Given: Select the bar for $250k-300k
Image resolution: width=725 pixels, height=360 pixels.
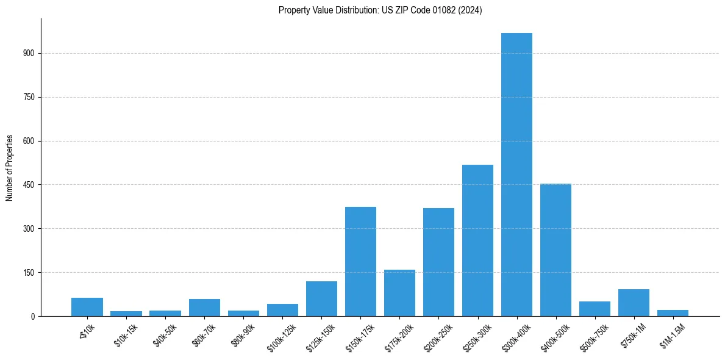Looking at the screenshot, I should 477,240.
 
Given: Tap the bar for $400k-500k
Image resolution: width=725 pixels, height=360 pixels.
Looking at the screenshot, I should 555,250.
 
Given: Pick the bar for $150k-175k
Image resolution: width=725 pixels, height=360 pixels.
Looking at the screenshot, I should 360,262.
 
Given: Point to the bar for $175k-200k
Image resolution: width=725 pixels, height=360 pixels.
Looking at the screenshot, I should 399,293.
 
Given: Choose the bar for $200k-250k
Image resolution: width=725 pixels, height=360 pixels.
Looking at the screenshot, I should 438,262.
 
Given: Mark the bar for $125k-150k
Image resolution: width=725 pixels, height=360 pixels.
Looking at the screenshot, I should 321,299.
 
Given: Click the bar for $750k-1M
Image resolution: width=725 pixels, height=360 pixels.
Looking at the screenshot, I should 634,303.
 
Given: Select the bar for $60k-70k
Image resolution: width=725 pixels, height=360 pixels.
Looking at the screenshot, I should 204,308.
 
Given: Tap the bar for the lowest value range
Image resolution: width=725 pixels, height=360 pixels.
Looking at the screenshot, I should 87,307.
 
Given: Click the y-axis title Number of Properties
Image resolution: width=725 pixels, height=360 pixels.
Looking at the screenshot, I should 9,168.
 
